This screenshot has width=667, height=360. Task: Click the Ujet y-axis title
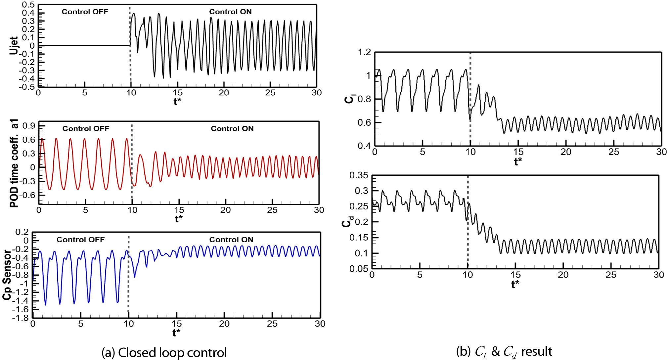click(14, 45)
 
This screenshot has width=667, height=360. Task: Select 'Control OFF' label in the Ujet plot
click(85, 12)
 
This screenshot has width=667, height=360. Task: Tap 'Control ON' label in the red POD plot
click(232, 129)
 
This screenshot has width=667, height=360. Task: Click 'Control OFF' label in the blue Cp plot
click(80, 240)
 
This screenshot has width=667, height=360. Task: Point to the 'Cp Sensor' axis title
click(7, 275)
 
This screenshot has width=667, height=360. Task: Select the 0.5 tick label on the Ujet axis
click(28, 5)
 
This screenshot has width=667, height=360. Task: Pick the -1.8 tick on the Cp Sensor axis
click(21, 318)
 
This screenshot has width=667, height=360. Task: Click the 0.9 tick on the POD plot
click(29, 126)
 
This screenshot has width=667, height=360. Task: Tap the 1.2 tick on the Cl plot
click(364, 52)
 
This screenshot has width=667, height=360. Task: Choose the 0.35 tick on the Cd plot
click(359, 175)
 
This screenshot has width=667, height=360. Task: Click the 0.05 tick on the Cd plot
click(359, 269)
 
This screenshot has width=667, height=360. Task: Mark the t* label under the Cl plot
click(518, 162)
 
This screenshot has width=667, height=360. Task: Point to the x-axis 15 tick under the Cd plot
click(515, 275)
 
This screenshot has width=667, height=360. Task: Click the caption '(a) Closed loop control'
click(164, 352)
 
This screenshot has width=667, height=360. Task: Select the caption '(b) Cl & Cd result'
click(504, 352)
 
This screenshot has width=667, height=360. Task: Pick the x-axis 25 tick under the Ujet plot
click(270, 93)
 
